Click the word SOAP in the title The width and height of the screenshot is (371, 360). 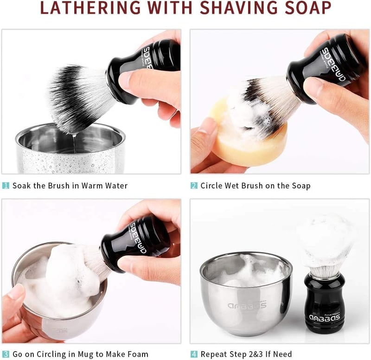click(x=308, y=7)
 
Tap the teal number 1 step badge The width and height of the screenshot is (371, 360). click(x=6, y=186)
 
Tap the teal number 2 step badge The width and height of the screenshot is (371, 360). click(x=194, y=186)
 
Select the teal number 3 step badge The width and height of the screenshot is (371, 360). click(x=6, y=354)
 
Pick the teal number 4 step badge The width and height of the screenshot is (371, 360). click(x=194, y=354)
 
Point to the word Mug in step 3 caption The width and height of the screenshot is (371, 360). click(x=85, y=354)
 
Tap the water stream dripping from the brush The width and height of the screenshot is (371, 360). click(x=75, y=143)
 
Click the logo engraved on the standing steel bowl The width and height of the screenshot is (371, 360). click(x=247, y=305)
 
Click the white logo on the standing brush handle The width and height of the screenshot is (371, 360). click(x=324, y=317)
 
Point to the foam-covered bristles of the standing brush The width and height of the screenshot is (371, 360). click(x=326, y=244)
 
